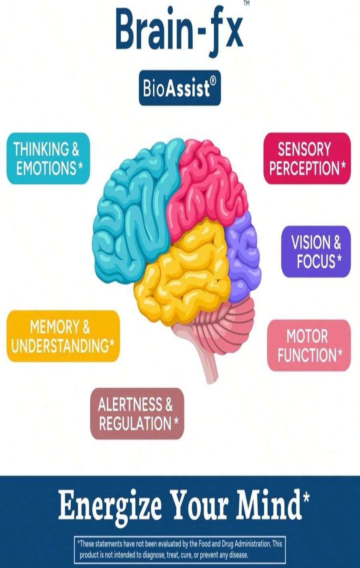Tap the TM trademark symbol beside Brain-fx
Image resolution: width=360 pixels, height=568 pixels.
(246, 3)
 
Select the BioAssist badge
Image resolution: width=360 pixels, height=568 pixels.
(180, 88)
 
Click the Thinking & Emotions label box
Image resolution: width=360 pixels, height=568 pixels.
(48, 158)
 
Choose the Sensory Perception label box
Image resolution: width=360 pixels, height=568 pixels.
(307, 158)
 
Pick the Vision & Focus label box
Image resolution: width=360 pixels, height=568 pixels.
(316, 251)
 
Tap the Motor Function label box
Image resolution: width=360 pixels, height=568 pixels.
(309, 345)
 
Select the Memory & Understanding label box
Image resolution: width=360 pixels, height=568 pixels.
(63, 336)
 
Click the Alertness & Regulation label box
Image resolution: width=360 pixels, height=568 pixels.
(137, 414)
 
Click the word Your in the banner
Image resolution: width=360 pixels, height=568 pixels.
(199, 504)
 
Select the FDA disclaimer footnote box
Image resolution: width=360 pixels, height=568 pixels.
(180, 549)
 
